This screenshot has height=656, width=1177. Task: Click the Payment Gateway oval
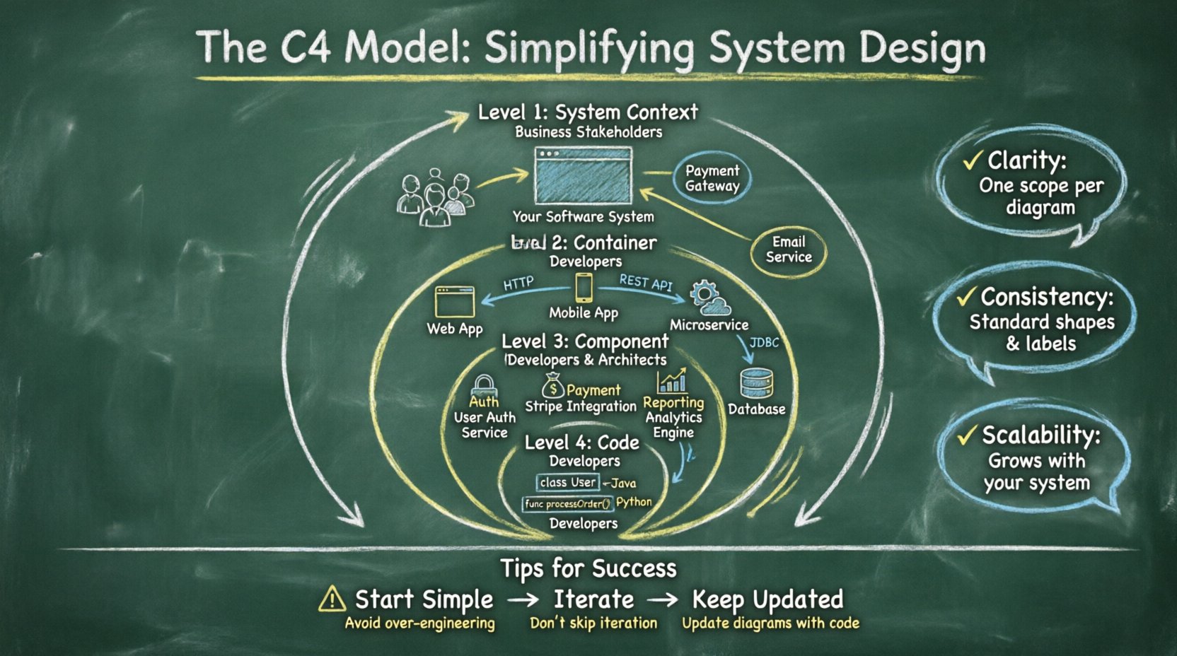(x=712, y=178)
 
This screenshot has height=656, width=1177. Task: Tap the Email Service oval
(x=788, y=250)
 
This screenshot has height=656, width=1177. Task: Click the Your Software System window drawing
(x=583, y=175)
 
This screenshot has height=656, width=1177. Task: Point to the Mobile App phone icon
(x=584, y=288)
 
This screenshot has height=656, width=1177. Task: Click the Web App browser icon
(x=455, y=302)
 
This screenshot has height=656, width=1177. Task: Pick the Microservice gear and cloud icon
(x=709, y=298)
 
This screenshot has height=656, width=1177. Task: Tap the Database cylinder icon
(x=756, y=384)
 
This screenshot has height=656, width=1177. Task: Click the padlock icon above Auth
(x=485, y=386)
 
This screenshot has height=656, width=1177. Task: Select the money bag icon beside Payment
(x=552, y=386)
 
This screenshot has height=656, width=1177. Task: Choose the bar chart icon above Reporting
(x=671, y=381)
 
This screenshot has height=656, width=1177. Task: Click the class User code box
(x=568, y=482)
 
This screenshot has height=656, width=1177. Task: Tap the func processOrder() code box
(x=567, y=504)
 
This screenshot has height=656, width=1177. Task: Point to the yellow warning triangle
(x=332, y=599)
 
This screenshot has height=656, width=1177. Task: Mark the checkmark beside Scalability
(x=966, y=435)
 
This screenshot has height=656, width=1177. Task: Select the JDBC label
(x=764, y=343)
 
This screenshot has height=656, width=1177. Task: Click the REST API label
(x=645, y=282)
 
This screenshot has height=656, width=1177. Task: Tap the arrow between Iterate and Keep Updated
(x=663, y=600)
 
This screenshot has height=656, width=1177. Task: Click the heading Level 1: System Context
(x=588, y=112)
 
